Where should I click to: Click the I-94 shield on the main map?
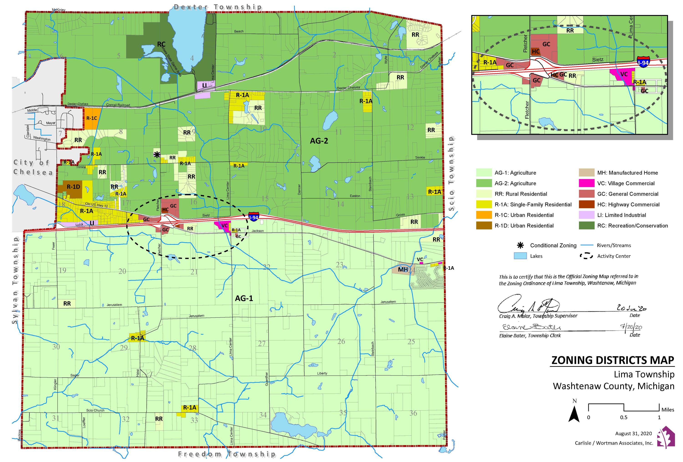(254, 217)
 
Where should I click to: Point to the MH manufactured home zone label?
(403, 270)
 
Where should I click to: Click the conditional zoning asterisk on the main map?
(157, 155)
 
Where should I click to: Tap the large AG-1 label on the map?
(244, 298)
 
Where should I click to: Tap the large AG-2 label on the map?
(319, 141)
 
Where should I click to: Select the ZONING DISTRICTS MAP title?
(612, 360)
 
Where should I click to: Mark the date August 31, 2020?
(633, 434)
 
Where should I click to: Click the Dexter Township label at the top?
(218, 7)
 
